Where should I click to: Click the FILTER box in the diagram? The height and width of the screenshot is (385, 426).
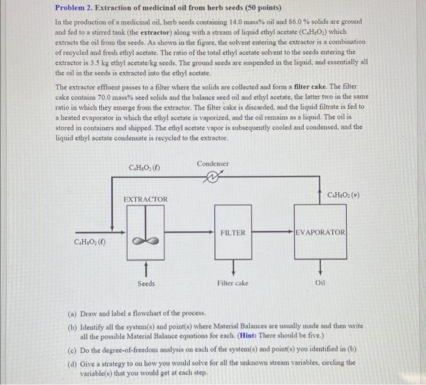233,232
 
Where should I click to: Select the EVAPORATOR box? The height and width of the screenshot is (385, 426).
320,232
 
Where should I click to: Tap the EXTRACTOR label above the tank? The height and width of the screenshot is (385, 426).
145,199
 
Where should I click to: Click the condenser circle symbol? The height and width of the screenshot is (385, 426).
212,178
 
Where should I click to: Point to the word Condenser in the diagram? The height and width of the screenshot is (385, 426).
213,164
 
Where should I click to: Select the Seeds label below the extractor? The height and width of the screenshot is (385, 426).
146,283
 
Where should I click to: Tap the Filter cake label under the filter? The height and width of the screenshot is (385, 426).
233,283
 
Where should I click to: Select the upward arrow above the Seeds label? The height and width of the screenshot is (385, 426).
146,268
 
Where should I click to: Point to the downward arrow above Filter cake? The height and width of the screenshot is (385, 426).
233,268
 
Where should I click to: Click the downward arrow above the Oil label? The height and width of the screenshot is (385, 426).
320,268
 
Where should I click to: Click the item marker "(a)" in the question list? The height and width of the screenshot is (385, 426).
72,313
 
